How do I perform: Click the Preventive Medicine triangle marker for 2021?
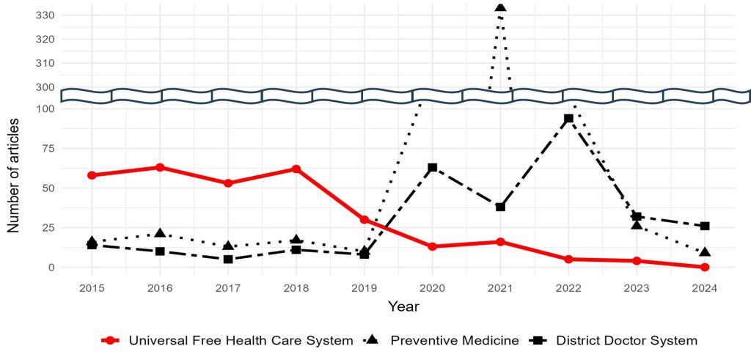[500, 7]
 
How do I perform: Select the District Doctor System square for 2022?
[568, 118]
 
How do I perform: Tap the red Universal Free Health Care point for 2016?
[160, 167]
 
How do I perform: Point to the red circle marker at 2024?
[705, 267]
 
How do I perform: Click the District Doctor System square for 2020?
[432, 167]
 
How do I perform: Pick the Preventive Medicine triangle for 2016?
[160, 233]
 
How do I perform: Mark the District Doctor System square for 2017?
[228, 259]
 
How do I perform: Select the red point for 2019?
[364, 219]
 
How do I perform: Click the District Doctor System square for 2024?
[705, 226]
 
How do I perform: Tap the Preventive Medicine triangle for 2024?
[705, 252]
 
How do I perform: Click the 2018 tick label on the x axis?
[296, 287]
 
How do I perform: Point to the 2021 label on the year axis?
[500, 287]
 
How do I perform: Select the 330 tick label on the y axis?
[44, 15]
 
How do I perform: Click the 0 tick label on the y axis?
[51, 267]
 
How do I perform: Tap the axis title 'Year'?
[403, 306]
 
